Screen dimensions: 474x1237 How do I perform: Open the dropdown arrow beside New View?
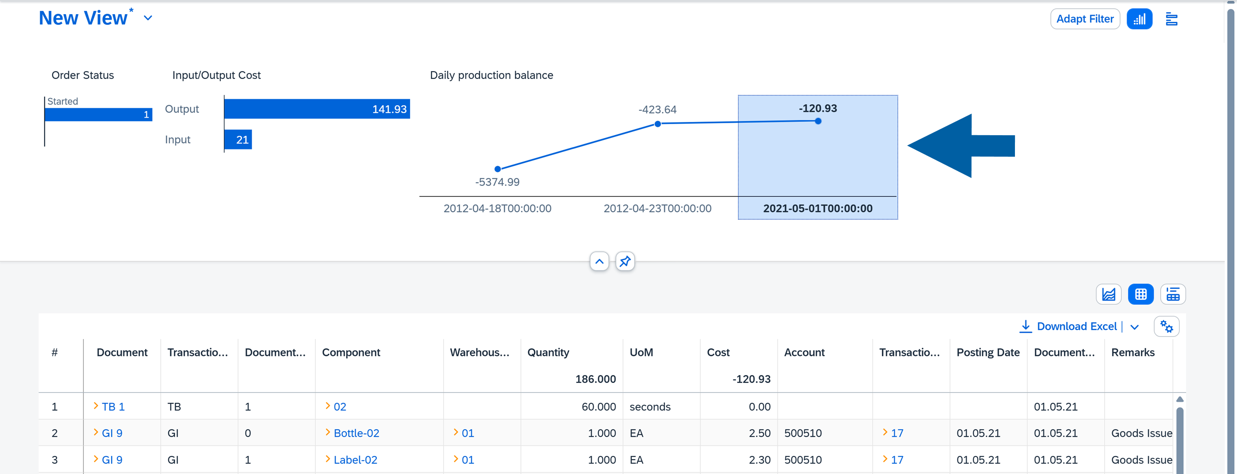148,18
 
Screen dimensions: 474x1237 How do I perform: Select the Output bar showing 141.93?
317,109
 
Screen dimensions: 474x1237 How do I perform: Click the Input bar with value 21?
238,140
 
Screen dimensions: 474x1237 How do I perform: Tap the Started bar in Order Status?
98,114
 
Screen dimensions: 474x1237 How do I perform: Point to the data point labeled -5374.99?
497,169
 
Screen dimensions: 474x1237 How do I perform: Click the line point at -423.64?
658,124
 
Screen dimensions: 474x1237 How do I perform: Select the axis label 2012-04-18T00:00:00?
497,208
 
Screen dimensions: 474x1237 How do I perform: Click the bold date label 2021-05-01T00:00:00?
817,208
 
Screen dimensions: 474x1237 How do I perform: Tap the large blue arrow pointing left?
960,146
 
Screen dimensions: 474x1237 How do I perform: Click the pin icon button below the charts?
625,262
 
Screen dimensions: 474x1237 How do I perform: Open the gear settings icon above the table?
1166,327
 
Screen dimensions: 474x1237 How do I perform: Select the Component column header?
351,352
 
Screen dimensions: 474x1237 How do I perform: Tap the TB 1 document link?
113,407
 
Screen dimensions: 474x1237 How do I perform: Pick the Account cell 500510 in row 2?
802,433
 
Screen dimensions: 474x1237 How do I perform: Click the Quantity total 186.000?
595,379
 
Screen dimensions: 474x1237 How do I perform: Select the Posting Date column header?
988,352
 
